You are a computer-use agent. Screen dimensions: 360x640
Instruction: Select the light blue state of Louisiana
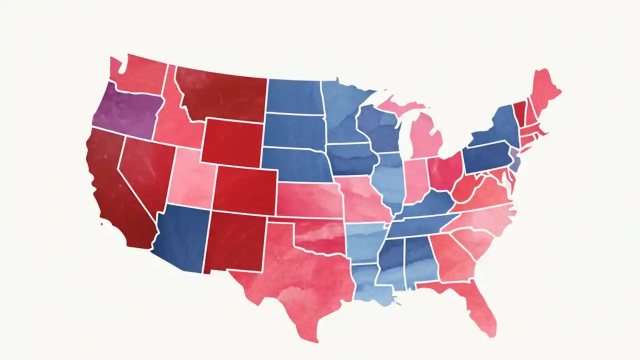tap(367, 285)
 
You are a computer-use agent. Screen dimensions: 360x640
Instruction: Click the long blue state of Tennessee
tap(420, 225)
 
